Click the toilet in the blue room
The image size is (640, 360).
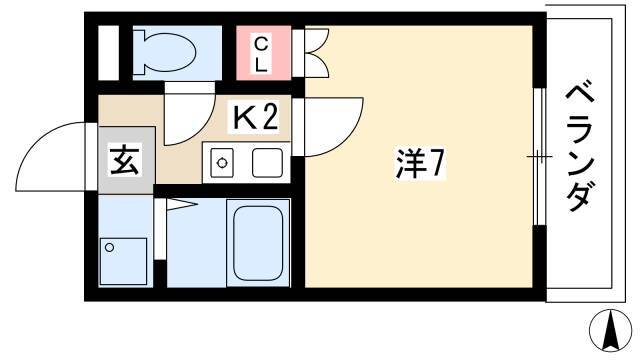tap(165, 52)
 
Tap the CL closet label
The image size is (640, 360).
tap(261, 54)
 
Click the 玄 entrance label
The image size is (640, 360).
tap(125, 160)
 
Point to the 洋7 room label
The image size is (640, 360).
tap(419, 163)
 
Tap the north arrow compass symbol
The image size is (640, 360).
tap(611, 331)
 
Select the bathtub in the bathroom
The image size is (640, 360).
tap(258, 243)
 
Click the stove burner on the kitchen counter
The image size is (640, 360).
tap(222, 163)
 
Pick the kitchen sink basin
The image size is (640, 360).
tap(267, 163)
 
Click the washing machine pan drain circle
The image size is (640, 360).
tap(109, 247)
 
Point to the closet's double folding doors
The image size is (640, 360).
tap(317, 53)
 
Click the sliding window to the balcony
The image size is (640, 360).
tap(540, 156)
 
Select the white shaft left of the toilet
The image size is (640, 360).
tap(109, 53)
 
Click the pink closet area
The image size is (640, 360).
tap(264, 53)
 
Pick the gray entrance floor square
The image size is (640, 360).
tap(127, 160)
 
